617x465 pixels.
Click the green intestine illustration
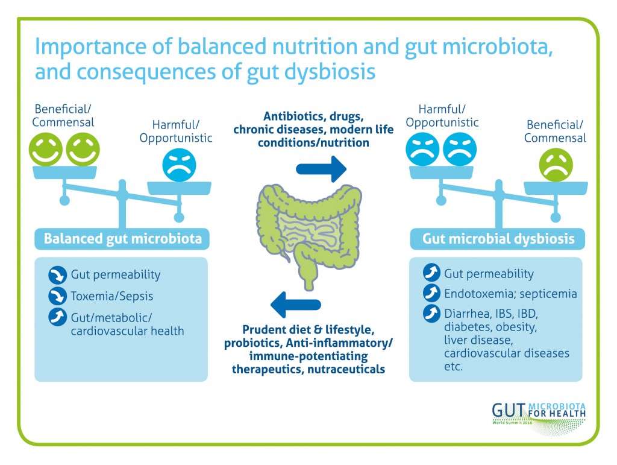coord(309,232)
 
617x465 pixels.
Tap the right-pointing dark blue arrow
coord(321,169)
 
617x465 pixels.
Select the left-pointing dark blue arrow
coord(296,305)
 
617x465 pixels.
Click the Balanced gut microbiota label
coord(122,239)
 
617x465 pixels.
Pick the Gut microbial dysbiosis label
coord(498,239)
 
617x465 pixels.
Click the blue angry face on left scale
coord(179,165)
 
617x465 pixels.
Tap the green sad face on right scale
coord(556,165)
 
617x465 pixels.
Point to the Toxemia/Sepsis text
coord(111,296)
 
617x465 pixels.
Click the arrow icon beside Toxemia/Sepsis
coord(57,296)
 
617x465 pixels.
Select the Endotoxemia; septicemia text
coord(510,294)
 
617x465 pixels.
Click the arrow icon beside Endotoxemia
coord(431,293)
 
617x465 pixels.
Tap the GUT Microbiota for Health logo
coord(539,417)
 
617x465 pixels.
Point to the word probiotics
coord(252,343)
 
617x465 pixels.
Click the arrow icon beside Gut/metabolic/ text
coord(57,317)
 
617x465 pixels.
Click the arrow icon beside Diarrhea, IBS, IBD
coord(431,313)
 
